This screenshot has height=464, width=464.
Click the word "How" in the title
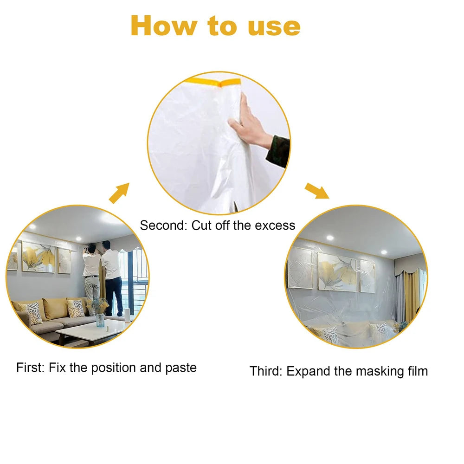164,26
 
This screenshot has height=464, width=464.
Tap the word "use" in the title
274,27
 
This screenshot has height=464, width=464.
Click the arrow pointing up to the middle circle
119,193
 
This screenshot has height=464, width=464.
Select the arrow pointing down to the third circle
317,191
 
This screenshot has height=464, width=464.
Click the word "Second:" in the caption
164,226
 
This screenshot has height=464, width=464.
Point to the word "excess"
275,226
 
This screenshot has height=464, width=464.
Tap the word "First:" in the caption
30,367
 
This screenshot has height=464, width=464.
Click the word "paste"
181,368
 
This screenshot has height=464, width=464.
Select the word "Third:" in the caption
266,371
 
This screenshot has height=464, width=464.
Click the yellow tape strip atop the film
213,82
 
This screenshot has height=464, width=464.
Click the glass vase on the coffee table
100,320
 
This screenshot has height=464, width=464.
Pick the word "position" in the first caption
114,368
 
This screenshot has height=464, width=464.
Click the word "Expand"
308,372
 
